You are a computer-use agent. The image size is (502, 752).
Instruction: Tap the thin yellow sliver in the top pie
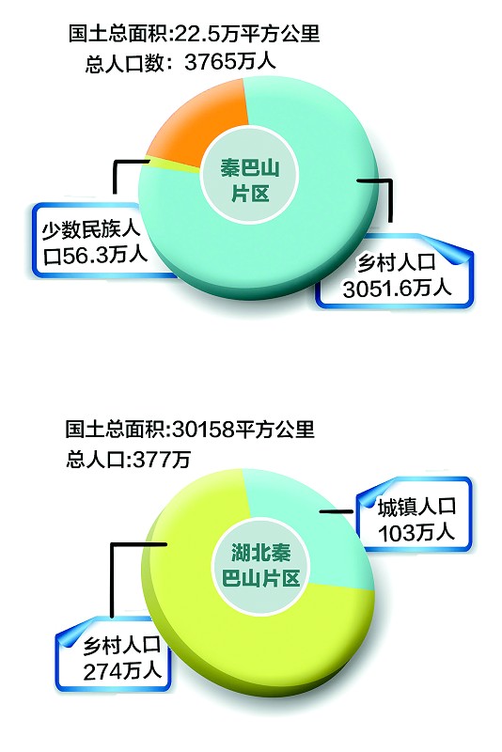(173, 165)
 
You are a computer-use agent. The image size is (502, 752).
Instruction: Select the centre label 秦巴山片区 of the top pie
(250, 180)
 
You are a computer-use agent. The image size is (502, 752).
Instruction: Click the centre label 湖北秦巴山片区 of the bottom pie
(260, 565)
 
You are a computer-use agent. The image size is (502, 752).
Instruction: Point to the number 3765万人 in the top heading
(230, 62)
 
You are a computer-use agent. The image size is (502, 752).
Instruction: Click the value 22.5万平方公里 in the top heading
(247, 34)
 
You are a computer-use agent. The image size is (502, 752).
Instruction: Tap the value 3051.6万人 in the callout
(398, 289)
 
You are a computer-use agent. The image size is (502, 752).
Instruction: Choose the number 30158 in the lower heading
(202, 429)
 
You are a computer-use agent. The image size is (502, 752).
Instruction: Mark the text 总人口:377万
(129, 459)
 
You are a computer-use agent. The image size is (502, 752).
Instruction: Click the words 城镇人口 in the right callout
(416, 508)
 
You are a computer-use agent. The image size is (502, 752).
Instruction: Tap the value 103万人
(416, 532)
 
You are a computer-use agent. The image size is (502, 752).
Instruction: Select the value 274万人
(122, 671)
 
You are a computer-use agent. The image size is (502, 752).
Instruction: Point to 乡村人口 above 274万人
(122, 645)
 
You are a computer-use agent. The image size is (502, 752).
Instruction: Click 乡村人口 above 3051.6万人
(397, 263)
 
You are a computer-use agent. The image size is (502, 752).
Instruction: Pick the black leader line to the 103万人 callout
(337, 512)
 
